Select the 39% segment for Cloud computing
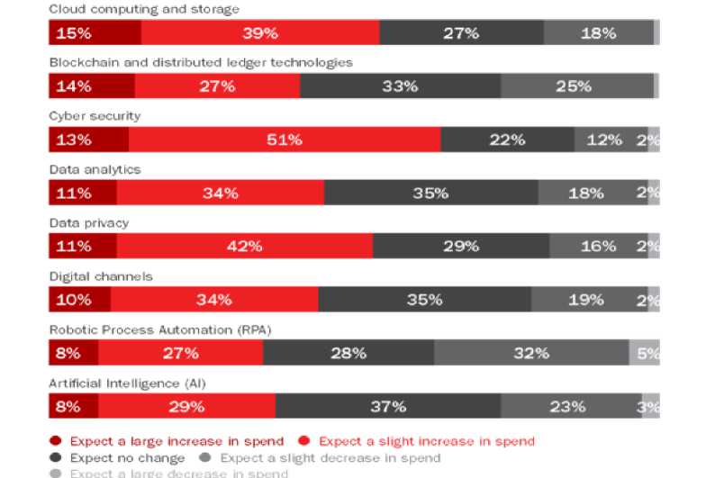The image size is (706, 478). pyautogui.click(x=260, y=33)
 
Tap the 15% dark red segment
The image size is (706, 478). pyautogui.click(x=95, y=33)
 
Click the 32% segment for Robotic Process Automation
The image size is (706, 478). pyautogui.click(x=531, y=353)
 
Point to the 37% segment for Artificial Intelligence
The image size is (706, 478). pyautogui.click(x=388, y=406)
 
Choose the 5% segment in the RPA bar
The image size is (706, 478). pyautogui.click(x=647, y=353)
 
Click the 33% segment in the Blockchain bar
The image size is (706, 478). pyautogui.click(x=400, y=86)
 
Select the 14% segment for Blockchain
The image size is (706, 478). pyautogui.click(x=92, y=86)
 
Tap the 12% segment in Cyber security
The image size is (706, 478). pyautogui.click(x=604, y=140)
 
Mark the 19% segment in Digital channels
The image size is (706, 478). pyautogui.click(x=586, y=300)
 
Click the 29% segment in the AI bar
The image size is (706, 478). pyautogui.click(x=186, y=406)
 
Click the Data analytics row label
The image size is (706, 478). pyautogui.click(x=95, y=169)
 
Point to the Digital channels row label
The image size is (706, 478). pyautogui.click(x=100, y=276)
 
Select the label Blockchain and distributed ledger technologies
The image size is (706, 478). pyautogui.click(x=200, y=62)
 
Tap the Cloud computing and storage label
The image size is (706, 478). pyautogui.click(x=144, y=9)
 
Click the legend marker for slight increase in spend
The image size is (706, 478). pyautogui.click(x=303, y=441)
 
